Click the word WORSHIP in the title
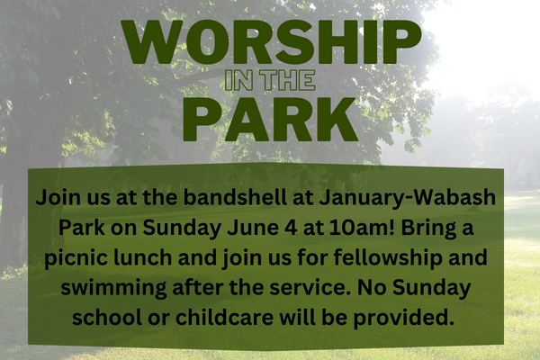coord(271,42)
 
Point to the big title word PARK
coord(270,119)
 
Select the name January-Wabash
coord(408,199)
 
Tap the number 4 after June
coord(291,228)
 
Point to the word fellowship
coord(388,259)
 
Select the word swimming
coord(113,289)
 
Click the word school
coord(107,318)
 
